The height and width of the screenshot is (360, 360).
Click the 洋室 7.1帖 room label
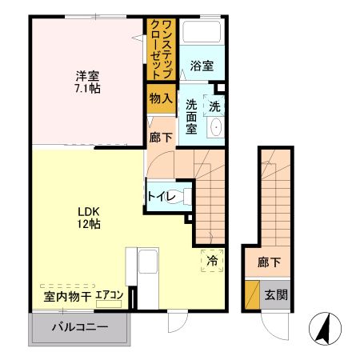[x=87, y=82]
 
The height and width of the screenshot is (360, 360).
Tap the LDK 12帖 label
[x=88, y=218]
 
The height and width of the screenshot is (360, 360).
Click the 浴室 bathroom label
[x=202, y=67]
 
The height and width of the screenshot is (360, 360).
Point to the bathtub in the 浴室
[x=201, y=33]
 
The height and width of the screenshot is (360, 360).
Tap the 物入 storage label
[x=160, y=98]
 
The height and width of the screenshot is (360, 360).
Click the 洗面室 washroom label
[x=192, y=115]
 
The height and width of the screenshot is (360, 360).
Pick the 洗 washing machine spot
[x=215, y=105]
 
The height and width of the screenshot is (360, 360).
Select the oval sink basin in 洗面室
[x=215, y=128]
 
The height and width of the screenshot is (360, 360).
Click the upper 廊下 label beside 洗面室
[x=159, y=138]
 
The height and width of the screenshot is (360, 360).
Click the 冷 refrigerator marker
[x=212, y=261]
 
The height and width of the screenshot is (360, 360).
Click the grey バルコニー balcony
[x=79, y=327]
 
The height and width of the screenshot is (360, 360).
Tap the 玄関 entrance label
[x=276, y=294]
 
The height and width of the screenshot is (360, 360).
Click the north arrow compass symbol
[x=324, y=329]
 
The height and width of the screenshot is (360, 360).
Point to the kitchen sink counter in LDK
[x=147, y=273]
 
